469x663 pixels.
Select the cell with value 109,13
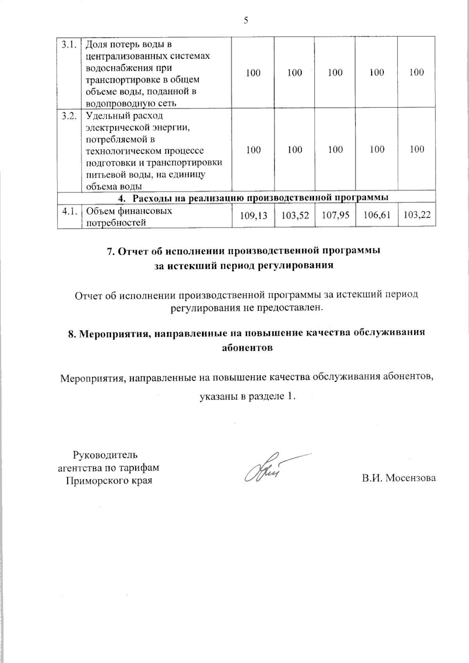[253, 215]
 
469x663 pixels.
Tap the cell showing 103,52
[295, 215]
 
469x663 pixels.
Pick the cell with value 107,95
[335, 215]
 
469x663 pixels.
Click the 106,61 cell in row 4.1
[376, 215]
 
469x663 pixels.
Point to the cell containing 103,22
[417, 215]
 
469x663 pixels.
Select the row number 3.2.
[68, 116]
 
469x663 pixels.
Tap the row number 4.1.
[68, 211]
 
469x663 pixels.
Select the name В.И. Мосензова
[398, 478]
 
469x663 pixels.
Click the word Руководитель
[106, 455]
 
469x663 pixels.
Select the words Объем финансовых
[129, 211]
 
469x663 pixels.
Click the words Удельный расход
[124, 116]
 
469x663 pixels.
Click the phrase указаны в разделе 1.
[247, 397]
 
